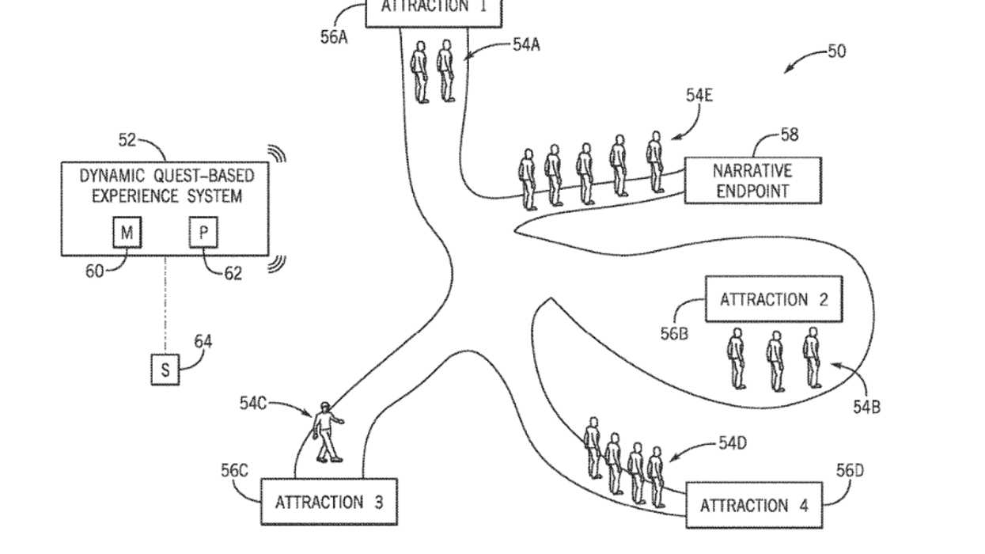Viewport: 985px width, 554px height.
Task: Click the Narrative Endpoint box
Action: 752,180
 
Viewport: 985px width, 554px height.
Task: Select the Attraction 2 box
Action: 774,299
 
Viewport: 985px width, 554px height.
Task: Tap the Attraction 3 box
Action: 329,502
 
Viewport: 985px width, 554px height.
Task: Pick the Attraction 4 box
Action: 754,505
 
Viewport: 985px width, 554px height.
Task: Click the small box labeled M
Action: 127,233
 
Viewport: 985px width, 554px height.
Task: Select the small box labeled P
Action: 203,233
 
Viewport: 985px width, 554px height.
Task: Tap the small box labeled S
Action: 165,370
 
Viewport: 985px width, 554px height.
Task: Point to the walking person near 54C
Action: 326,432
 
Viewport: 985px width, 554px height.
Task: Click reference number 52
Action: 128,140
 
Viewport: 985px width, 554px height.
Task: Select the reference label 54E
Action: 699,95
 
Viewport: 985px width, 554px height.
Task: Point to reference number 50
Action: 836,51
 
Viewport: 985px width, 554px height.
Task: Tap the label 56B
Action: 674,333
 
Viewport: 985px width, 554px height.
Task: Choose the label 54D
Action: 733,442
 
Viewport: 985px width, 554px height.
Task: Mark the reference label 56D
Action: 850,472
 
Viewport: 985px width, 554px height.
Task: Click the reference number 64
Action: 203,342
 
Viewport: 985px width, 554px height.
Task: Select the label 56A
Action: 334,37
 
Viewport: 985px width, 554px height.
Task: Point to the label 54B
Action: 866,407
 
